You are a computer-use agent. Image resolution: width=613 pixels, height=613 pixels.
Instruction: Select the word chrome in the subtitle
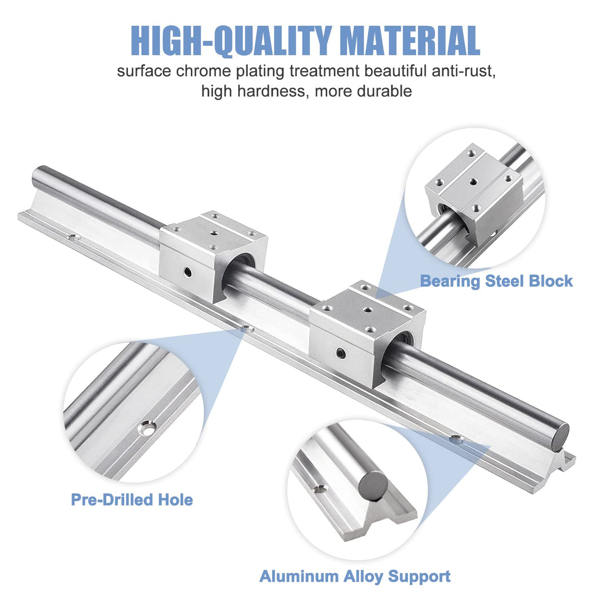click(x=205, y=71)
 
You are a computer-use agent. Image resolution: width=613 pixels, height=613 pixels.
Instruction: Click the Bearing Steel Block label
click(x=496, y=281)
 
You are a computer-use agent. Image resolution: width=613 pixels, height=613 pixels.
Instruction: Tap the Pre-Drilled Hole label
click(x=132, y=500)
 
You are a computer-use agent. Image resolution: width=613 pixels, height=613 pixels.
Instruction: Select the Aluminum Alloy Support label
click(x=355, y=576)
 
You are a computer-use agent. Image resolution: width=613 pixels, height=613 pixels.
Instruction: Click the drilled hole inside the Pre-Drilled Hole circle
click(x=147, y=427)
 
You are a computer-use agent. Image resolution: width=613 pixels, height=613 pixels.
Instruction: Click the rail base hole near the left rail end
click(x=74, y=236)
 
